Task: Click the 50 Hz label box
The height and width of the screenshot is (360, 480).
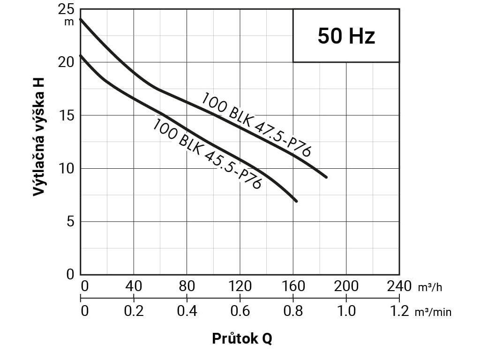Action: point(346,36)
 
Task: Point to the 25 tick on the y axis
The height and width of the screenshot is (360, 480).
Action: point(67,10)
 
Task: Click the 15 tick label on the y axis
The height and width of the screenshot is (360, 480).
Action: point(67,116)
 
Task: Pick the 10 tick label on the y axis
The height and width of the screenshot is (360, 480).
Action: point(67,169)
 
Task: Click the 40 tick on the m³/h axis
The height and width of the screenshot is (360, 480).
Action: point(134,286)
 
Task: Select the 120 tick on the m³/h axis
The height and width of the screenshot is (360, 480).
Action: point(240,286)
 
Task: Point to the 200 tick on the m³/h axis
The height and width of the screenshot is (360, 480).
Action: point(346,286)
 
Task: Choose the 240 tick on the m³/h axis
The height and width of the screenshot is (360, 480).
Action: point(399,286)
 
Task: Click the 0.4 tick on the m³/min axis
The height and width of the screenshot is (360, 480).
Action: point(187,311)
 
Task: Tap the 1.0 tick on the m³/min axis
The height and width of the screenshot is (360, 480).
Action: point(346,311)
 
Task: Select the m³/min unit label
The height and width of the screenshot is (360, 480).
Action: point(433,312)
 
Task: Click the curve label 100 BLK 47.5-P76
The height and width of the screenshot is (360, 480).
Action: point(256,125)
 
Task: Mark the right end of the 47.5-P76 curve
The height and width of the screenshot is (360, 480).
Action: point(326,177)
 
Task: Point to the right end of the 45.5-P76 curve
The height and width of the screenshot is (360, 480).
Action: point(296,201)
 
